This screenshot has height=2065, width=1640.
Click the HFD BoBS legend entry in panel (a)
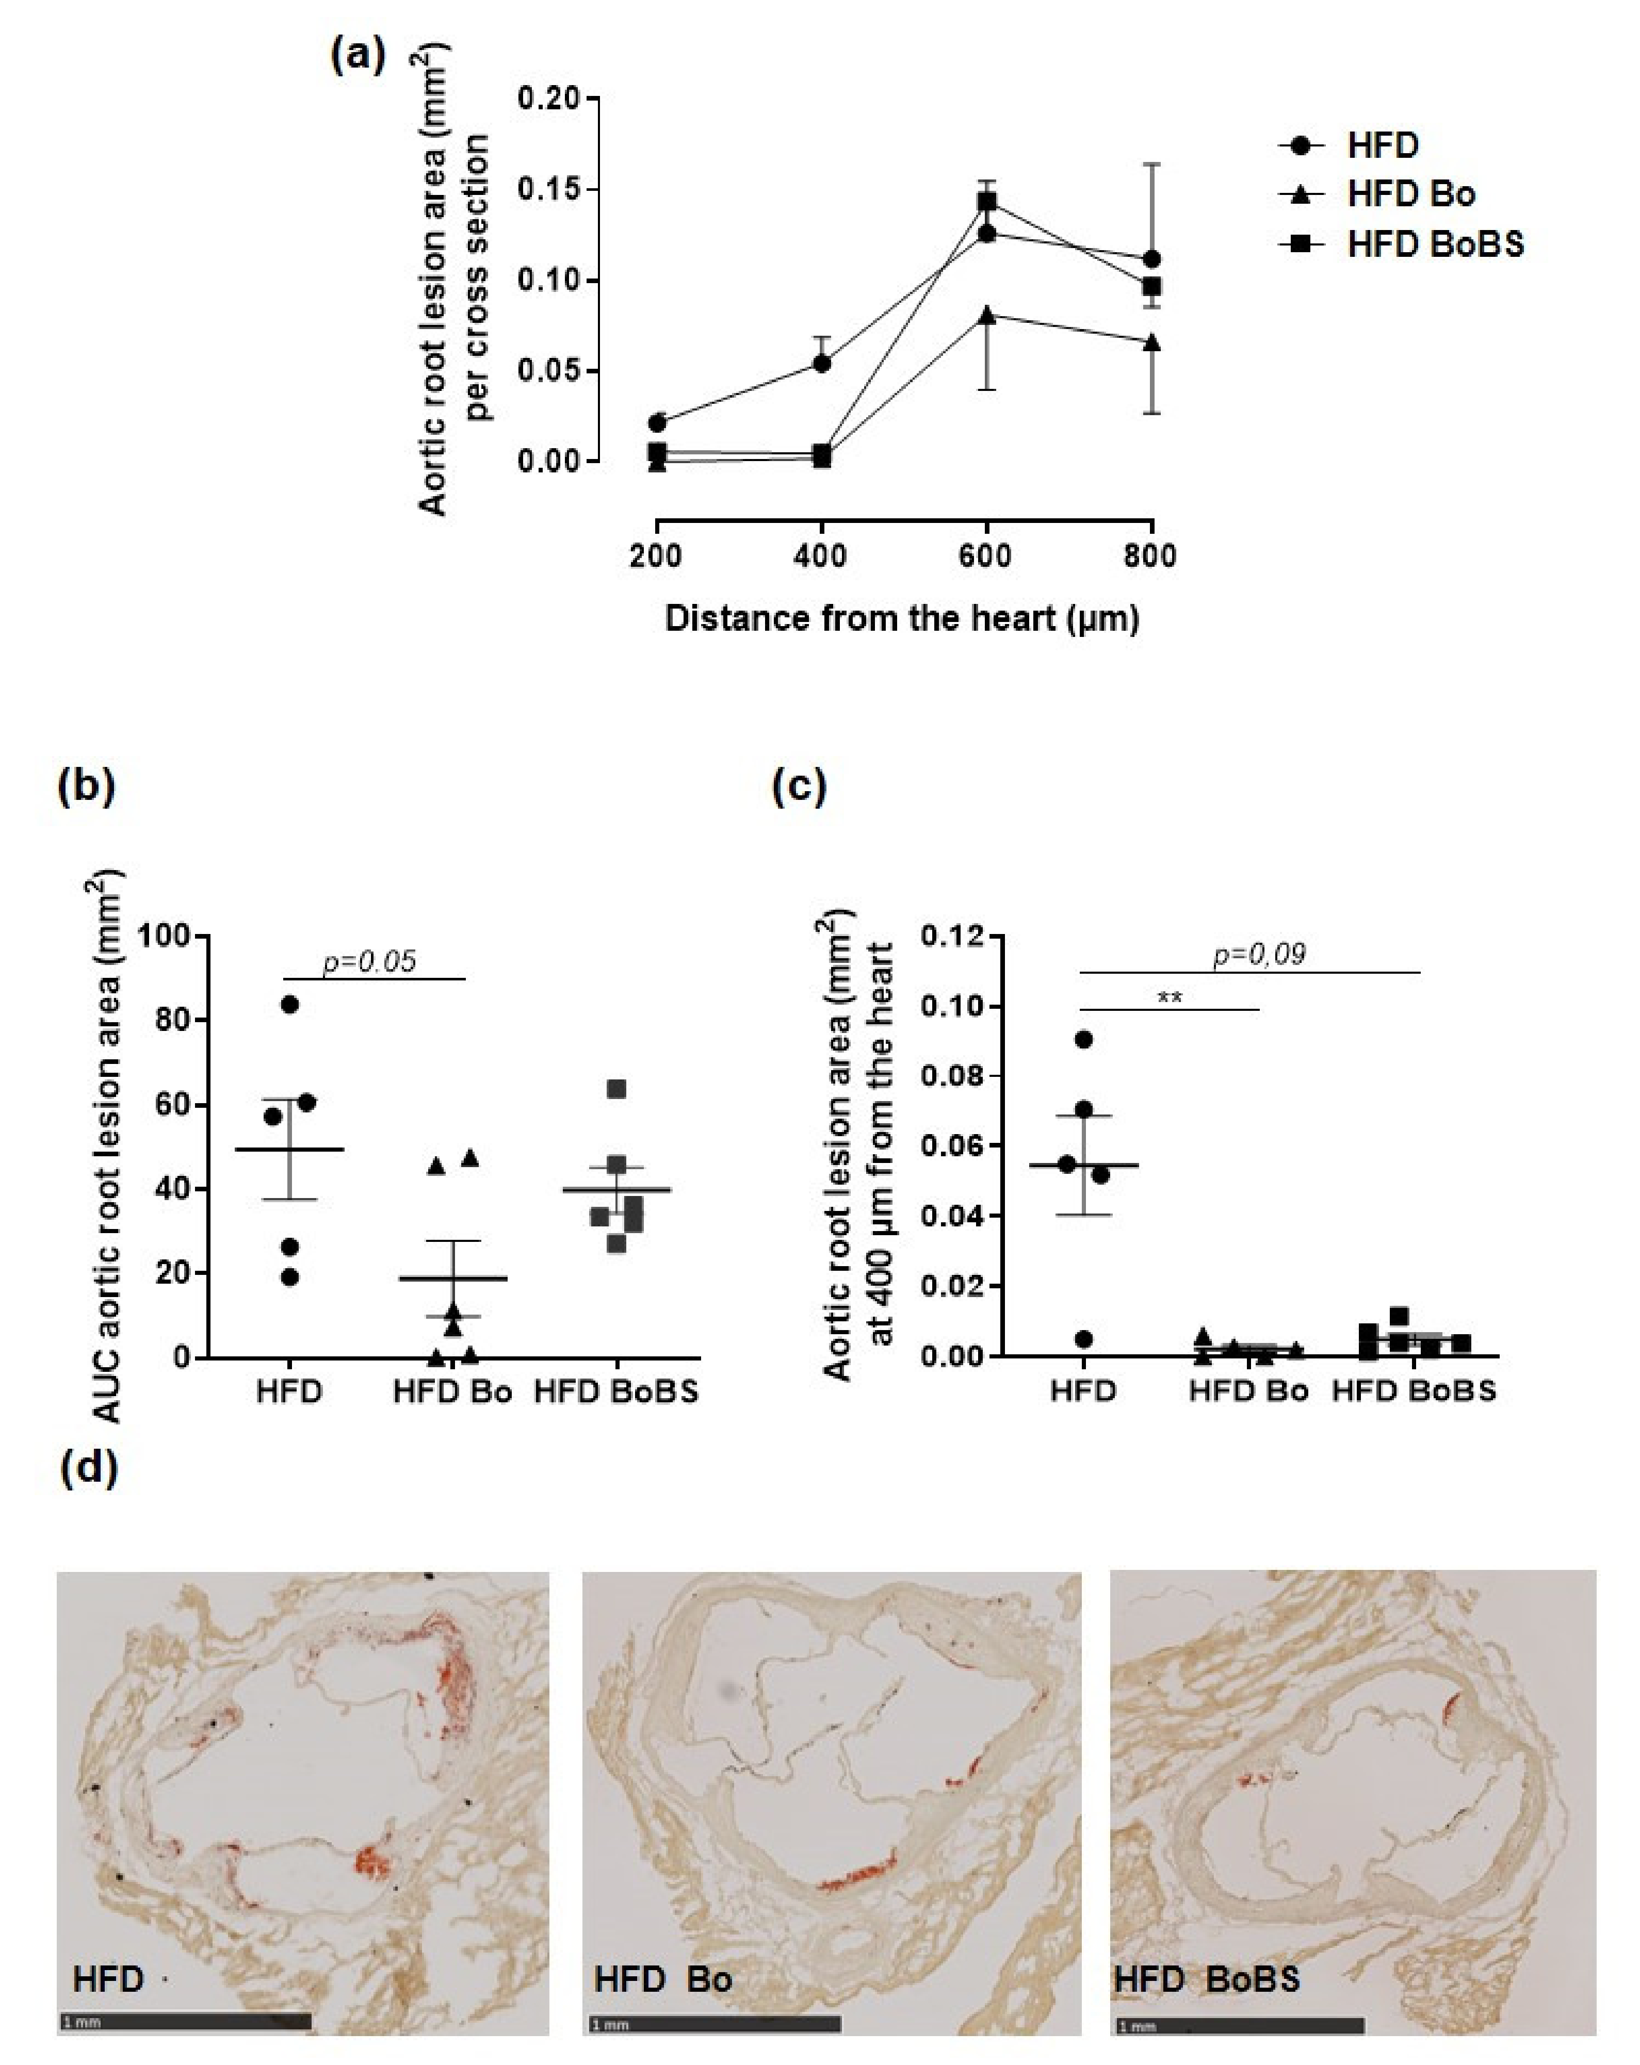click(x=1434, y=244)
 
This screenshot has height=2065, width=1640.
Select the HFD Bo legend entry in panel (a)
click(x=1410, y=194)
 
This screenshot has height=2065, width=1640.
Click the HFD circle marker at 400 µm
click(x=821, y=363)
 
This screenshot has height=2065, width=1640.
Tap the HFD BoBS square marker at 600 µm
click(x=987, y=201)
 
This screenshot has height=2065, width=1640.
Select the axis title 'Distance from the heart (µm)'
click(x=901, y=619)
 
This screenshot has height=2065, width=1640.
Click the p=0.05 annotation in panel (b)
click(x=370, y=961)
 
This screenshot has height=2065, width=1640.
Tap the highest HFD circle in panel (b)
click(x=289, y=1004)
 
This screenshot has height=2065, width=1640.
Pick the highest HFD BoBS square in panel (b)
click(x=617, y=1089)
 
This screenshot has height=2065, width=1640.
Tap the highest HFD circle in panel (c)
click(x=1083, y=1039)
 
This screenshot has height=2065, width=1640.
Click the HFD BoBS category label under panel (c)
click(x=1413, y=1391)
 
